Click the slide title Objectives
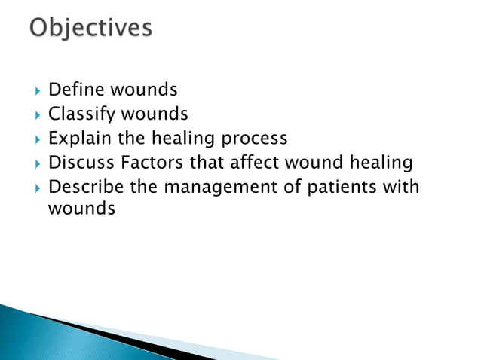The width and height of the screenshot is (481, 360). pos(91,29)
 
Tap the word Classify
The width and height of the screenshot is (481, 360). pos(78,114)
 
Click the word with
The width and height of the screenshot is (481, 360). pos(401,186)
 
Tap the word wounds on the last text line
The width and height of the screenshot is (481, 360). pos(81,209)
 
